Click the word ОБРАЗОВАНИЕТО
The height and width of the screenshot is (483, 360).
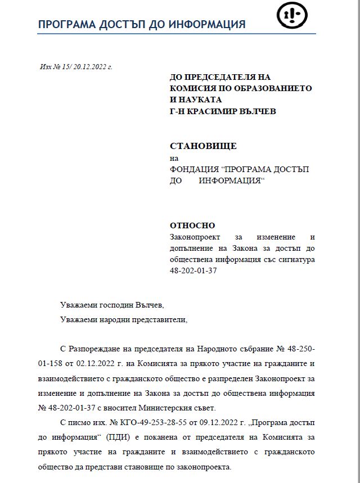270,88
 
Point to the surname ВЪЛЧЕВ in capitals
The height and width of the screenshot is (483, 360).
255,111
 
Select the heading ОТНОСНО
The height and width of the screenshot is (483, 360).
192,225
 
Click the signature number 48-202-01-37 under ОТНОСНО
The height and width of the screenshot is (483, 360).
193,270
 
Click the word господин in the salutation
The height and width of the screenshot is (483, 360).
114,305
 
